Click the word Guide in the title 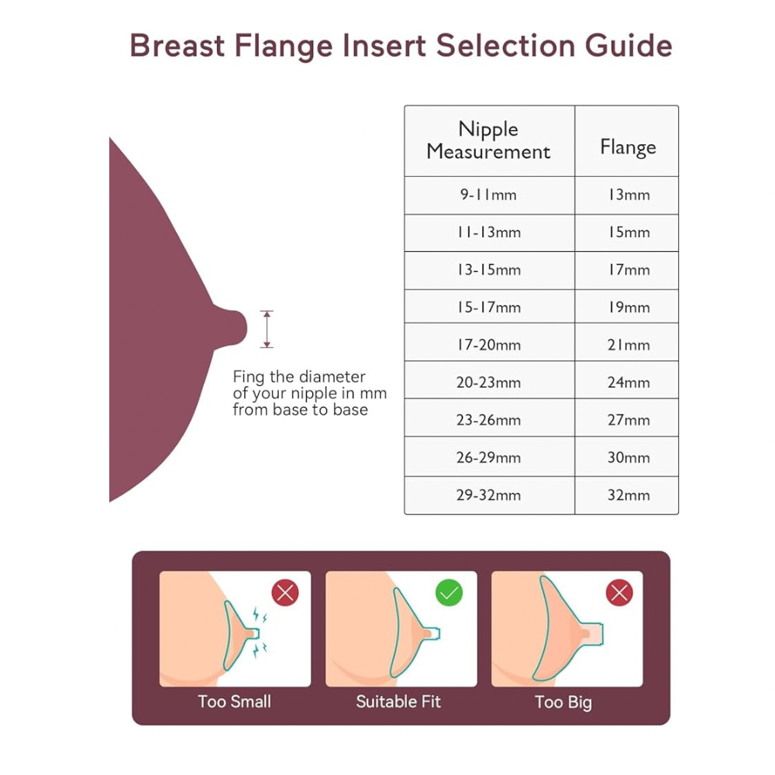[629, 46]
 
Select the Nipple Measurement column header [488, 140]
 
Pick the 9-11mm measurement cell [488, 195]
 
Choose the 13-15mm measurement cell [488, 270]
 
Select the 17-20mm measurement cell [488, 345]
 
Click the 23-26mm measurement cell [488, 420]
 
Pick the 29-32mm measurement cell [488, 495]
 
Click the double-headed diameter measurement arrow [267, 329]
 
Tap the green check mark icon [449, 593]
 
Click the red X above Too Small [285, 593]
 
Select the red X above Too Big [619, 593]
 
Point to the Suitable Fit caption [398, 702]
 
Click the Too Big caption [563, 703]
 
